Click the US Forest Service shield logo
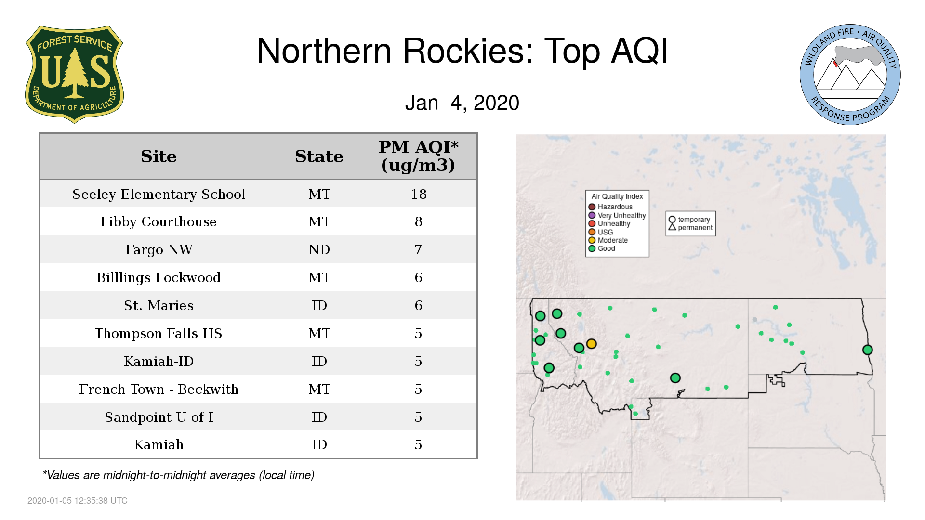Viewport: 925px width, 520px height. click(74, 75)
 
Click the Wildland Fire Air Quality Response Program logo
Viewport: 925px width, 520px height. click(850, 75)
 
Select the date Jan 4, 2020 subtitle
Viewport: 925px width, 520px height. click(462, 103)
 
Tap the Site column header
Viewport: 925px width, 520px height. click(159, 156)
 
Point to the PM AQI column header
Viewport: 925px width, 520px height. click(418, 156)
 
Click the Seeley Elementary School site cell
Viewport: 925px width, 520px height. click(159, 194)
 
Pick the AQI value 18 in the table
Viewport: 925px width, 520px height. click(418, 194)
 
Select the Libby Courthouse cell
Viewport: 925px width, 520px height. click(159, 221)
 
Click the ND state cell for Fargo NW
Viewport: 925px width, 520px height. click(319, 249)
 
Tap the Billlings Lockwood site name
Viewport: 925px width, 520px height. click(159, 277)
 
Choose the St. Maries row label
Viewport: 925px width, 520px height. click(159, 305)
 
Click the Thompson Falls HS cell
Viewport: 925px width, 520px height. click(159, 333)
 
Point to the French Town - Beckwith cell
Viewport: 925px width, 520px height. click(159, 389)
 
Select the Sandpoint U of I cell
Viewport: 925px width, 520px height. click(159, 417)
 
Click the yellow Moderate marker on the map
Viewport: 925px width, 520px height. click(592, 344)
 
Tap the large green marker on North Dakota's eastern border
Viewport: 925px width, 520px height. click(867, 350)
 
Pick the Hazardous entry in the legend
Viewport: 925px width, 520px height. click(610, 207)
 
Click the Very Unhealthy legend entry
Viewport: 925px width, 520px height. click(617, 215)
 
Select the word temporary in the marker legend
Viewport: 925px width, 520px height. click(694, 220)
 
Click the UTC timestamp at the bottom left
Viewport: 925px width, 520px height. click(78, 501)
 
